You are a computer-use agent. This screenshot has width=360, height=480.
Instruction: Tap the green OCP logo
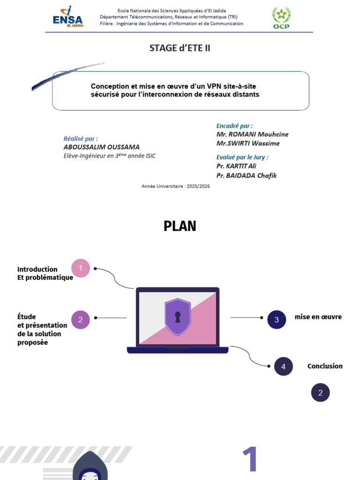[281, 17]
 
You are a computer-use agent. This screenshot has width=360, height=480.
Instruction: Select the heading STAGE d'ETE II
[180, 48]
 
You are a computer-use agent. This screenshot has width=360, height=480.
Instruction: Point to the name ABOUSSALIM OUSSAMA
[101, 147]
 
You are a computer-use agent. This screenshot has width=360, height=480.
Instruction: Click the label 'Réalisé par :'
[81, 139]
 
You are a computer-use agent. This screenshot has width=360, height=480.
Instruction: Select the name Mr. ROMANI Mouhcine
[252, 135]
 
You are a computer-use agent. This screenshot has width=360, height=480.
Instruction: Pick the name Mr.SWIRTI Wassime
[247, 143]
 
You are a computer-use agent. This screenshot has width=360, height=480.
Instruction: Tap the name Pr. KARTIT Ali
[236, 166]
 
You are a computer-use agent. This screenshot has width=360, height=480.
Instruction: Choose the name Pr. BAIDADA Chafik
[246, 175]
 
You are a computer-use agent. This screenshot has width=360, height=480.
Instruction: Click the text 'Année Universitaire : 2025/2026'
[175, 186]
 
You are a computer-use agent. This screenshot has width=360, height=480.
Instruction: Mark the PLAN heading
[180, 226]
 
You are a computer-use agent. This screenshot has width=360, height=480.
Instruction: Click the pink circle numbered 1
[81, 268]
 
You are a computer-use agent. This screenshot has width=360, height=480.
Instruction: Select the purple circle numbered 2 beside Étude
[81, 320]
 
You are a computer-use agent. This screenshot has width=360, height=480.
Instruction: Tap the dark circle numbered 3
[277, 320]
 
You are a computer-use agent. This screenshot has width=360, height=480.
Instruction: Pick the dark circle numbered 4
[283, 367]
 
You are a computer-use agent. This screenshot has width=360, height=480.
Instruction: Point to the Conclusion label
[325, 366]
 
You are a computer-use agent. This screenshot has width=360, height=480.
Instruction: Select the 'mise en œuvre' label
[318, 317]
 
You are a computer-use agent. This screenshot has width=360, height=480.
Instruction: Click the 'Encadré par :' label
[234, 126]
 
